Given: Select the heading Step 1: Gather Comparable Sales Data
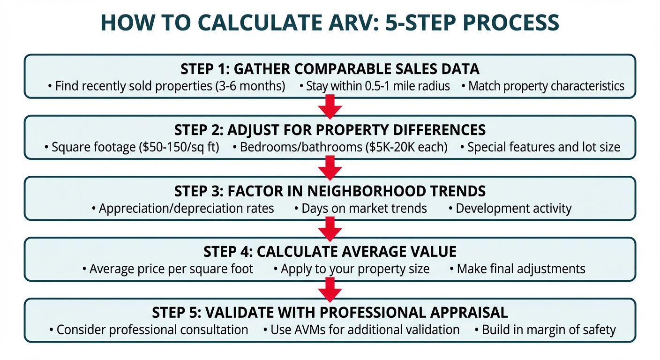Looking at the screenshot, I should (x=330, y=69).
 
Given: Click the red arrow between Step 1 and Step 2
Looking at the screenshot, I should (x=330, y=106).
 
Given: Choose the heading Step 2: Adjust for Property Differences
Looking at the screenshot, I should (x=330, y=130).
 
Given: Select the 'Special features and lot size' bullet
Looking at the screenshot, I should (x=540, y=147).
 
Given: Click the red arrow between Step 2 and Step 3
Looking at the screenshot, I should (x=330, y=167).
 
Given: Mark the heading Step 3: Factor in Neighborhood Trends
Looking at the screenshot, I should (x=330, y=191).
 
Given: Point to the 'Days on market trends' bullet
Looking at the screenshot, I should (x=360, y=208).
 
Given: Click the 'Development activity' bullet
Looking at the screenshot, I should (x=510, y=208).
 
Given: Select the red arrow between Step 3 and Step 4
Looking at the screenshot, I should (x=330, y=228).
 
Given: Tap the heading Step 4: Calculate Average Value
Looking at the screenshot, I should (x=330, y=252).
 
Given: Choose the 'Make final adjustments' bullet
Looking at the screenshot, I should (x=517, y=269).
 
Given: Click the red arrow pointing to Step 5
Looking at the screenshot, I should (x=330, y=289).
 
